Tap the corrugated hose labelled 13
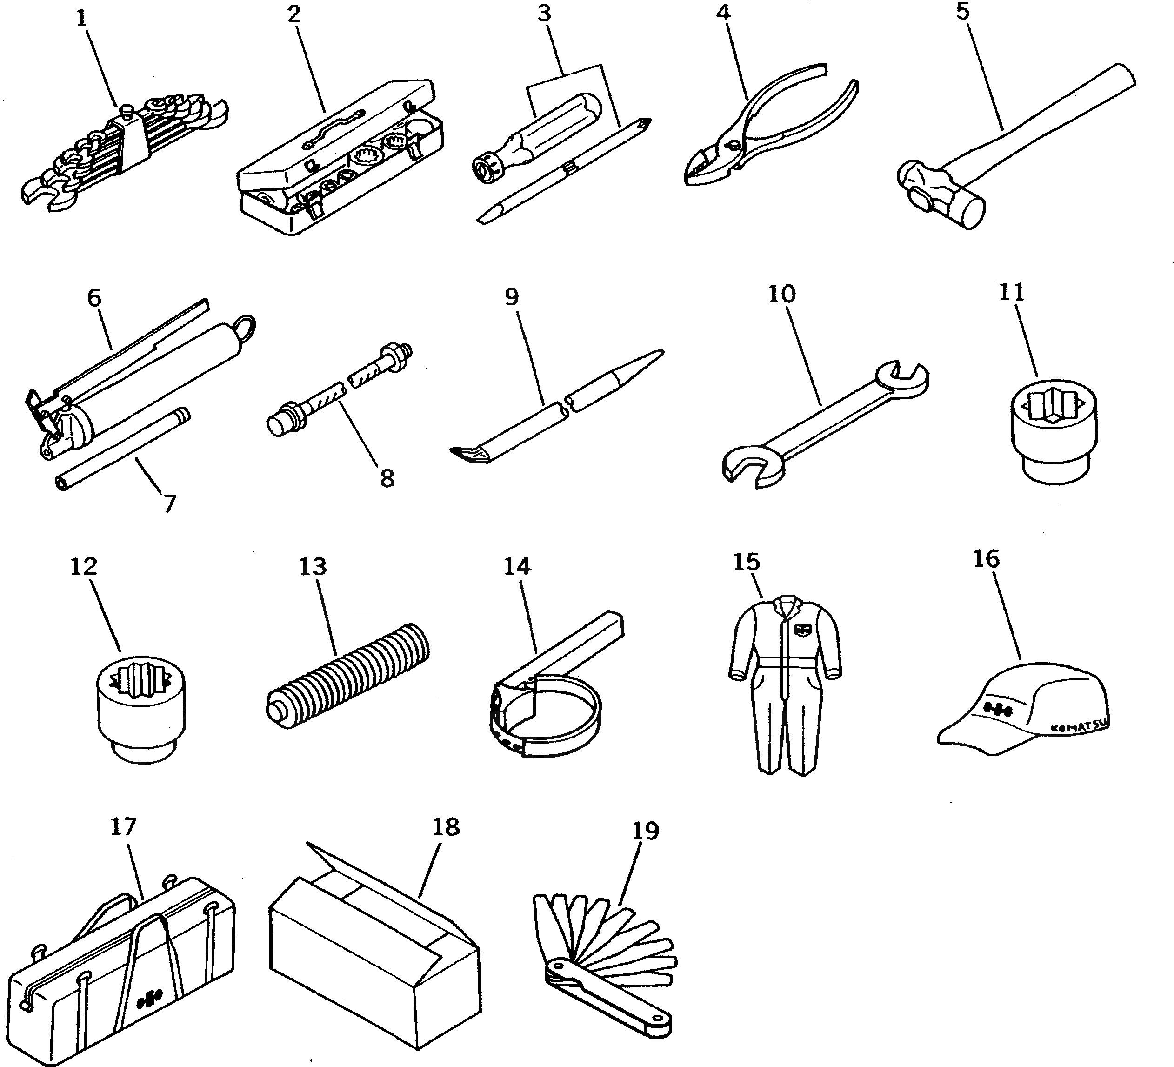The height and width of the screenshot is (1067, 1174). [348, 676]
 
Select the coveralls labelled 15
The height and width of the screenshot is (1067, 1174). [784, 682]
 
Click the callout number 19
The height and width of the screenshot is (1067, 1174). [645, 831]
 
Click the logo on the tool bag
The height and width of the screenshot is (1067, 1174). [150, 1001]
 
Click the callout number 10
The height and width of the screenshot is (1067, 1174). [781, 294]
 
